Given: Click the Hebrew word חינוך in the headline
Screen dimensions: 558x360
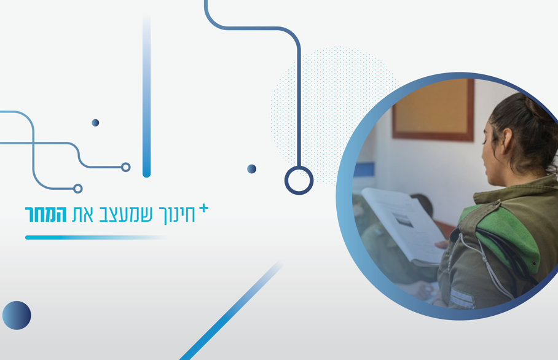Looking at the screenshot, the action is (177, 215).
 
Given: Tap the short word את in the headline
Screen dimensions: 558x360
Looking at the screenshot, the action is (82, 214).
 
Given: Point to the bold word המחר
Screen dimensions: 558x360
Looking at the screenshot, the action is (45, 214).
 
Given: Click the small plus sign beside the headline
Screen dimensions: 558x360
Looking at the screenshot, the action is (203, 208).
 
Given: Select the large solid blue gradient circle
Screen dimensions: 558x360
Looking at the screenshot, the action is (17, 316).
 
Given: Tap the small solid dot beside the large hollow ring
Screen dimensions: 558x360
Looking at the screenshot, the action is (251, 169).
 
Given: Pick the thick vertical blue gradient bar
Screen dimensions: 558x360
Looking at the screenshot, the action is (147, 96).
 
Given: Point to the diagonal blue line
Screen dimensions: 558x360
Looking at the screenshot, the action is (231, 311).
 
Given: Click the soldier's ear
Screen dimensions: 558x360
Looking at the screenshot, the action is (506, 138).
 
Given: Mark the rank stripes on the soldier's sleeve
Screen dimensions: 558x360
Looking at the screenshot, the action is (462, 299).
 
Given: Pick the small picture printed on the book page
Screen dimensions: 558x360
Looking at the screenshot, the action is (402, 220).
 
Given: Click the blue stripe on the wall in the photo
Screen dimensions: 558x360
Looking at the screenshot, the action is (364, 170).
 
